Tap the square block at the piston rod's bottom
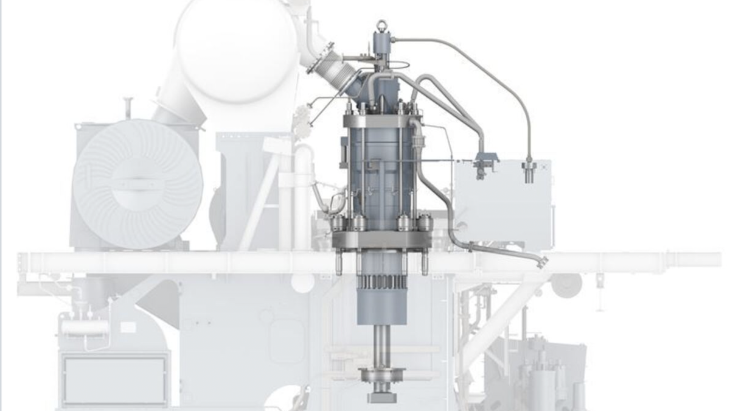(x=382, y=398)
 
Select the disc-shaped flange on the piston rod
(x=382, y=373)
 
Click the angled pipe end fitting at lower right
(x=540, y=261)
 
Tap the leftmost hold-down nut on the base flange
(x=338, y=223)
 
